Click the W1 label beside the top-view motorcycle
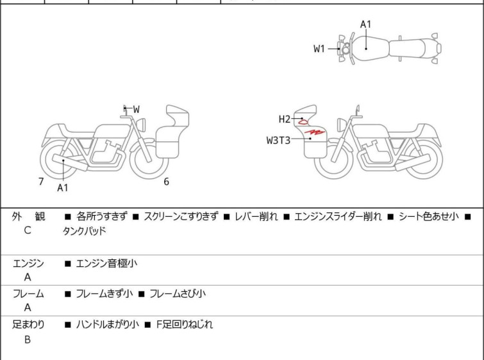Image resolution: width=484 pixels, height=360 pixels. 319,49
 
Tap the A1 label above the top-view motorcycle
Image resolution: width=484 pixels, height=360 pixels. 365,24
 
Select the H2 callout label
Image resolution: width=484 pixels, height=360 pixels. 285,119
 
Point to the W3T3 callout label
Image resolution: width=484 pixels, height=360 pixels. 278,139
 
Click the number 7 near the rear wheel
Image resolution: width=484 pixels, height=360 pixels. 41,182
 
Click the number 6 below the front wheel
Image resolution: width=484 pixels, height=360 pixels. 166,182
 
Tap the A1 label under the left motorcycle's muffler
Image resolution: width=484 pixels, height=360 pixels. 62,188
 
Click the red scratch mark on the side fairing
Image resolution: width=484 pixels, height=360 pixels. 314,133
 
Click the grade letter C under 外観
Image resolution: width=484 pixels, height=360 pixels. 28,230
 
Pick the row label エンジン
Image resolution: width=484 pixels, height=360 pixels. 28,263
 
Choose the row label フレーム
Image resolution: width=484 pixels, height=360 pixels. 28,294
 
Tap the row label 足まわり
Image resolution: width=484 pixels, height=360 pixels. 29,325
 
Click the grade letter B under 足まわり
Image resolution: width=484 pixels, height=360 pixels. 28,340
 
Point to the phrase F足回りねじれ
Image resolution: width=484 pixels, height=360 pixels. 185,325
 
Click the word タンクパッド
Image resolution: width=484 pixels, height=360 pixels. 84,230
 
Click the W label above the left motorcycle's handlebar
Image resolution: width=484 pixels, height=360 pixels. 136,110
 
